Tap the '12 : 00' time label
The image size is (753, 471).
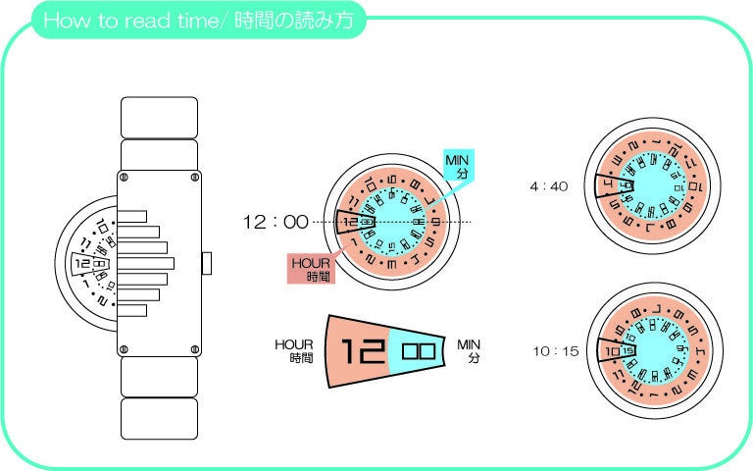[x=276, y=223]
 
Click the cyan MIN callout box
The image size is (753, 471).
[x=458, y=167]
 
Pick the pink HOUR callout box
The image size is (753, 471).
[x=311, y=269]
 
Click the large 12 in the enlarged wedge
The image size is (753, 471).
[x=360, y=350]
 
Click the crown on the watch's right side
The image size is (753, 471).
[x=207, y=263]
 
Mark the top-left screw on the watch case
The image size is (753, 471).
[x=124, y=178]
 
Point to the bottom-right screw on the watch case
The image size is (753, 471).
[x=195, y=349]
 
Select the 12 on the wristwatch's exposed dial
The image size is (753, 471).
[x=81, y=264]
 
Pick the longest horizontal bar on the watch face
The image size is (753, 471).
[x=147, y=263]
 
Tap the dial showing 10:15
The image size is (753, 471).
[x=652, y=350]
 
